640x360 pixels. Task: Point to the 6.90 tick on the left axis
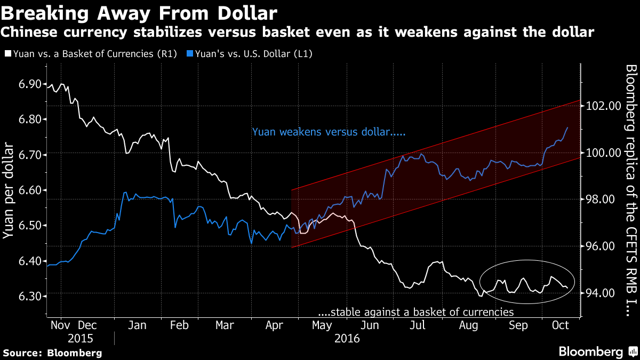click(x=25, y=84)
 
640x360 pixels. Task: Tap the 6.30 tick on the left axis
click(x=25, y=297)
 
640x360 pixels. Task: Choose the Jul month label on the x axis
click(x=418, y=325)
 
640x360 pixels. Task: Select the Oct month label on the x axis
click(x=559, y=325)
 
